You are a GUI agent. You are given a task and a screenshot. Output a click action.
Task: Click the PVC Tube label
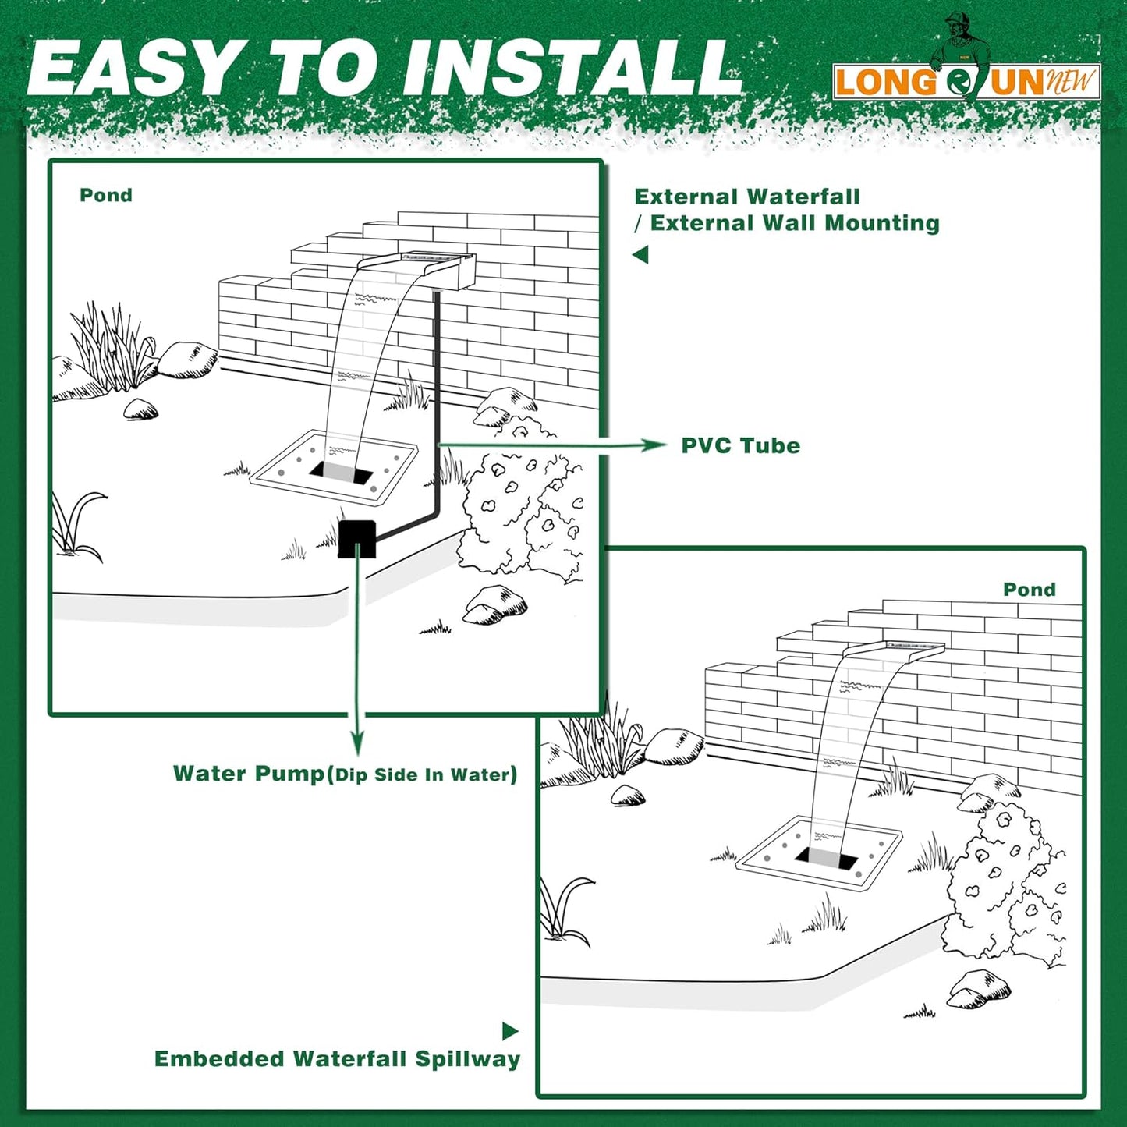point(740,446)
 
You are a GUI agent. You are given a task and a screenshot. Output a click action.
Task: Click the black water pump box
point(357,539)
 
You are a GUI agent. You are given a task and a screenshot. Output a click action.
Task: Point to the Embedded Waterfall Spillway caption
point(337,1059)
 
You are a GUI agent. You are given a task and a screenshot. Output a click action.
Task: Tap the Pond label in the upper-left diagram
point(106,195)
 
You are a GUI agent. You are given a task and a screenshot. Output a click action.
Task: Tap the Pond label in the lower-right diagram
point(1029,590)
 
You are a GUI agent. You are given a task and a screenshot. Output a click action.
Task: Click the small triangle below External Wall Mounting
point(640,255)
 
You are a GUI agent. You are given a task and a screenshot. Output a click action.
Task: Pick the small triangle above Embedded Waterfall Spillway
point(510,1031)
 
